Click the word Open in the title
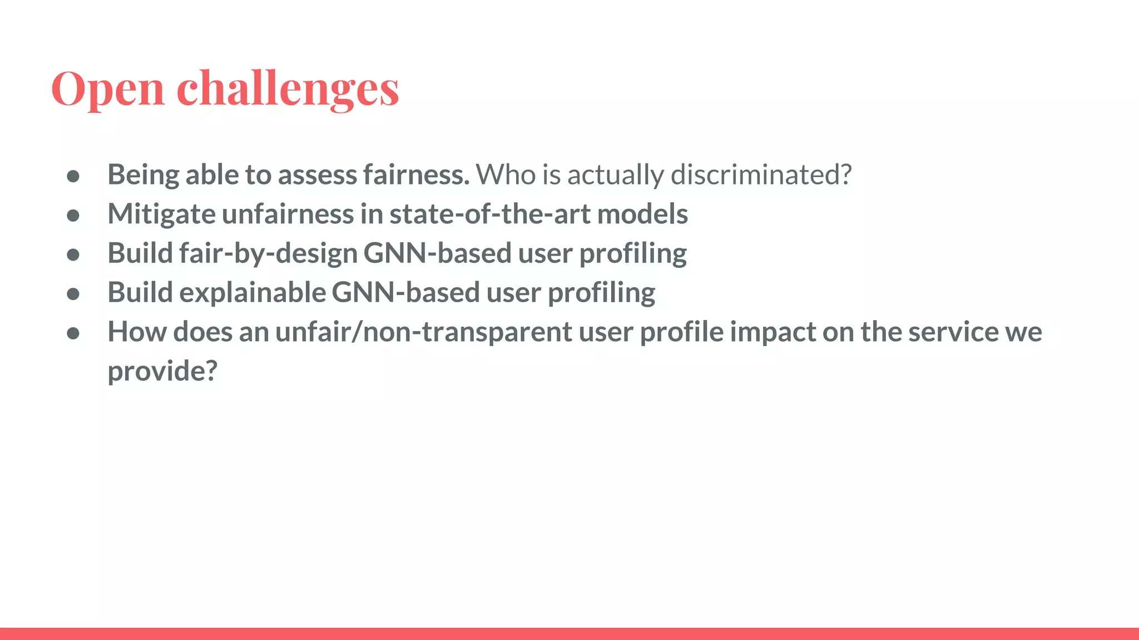108,89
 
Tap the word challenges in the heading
288,89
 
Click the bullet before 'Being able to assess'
73,176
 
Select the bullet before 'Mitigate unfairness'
73,215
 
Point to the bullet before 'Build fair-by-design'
73,254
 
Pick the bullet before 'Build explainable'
73,293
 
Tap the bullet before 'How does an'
73,333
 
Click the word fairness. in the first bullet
416,174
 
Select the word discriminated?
761,174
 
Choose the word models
642,214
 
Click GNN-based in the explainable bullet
405,293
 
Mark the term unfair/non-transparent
423,332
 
